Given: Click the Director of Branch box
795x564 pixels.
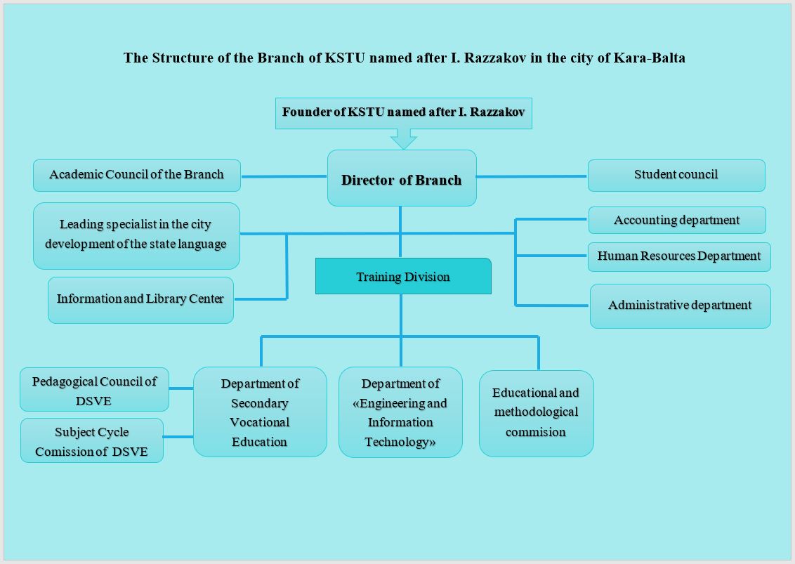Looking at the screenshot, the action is [402, 178].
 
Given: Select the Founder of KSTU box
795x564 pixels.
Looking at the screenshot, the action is [404, 113].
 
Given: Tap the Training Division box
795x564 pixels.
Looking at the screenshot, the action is [403, 276].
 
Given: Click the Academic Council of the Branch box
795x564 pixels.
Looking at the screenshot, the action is [137, 176].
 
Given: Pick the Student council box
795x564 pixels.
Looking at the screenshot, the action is [676, 176].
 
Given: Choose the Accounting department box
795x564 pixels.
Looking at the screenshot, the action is [677, 220].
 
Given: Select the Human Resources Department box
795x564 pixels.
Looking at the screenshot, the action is [679, 256].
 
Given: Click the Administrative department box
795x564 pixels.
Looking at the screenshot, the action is [681, 306].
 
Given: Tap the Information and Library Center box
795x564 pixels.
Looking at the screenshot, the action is [141, 300].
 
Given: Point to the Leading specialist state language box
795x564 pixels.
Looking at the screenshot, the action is [136, 236].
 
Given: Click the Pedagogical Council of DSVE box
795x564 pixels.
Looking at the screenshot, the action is [94, 390].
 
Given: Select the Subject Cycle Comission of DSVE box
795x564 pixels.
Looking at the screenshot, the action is [92, 440].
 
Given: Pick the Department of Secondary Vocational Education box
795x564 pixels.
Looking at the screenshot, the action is [260, 412].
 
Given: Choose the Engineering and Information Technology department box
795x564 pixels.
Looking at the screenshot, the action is [400, 412].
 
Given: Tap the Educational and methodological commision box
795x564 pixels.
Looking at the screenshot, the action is [537, 414].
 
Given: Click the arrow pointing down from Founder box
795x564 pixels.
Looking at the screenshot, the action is [404, 139].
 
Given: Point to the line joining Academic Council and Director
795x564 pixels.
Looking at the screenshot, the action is [284, 176].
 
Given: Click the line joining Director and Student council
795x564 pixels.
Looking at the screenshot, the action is [532, 176].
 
